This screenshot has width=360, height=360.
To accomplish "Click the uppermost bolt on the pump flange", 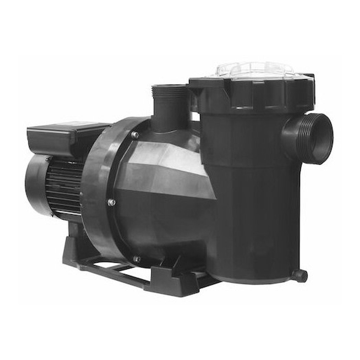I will coord(135,135).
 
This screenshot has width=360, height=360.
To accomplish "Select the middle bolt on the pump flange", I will coord(112,202).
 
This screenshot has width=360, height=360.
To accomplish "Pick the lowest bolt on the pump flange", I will coord(136,259).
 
